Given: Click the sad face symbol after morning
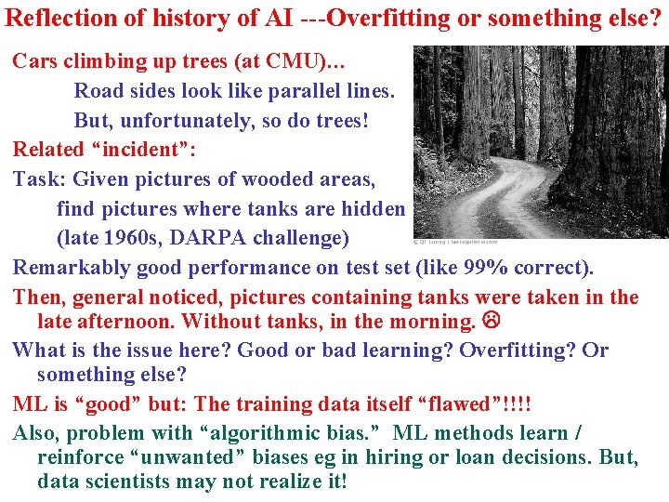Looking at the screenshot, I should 490,322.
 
